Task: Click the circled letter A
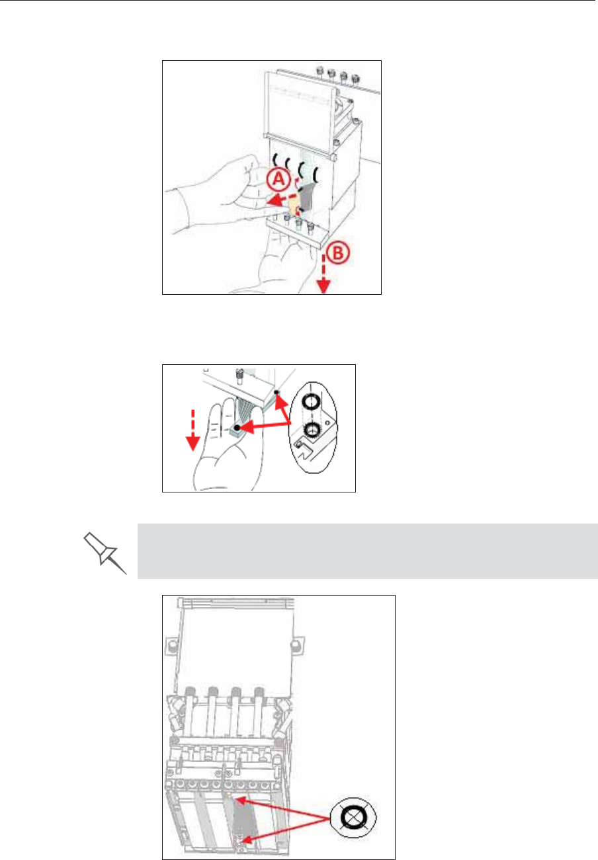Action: click(278, 180)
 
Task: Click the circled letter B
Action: click(338, 253)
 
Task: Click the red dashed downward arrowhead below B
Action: click(323, 286)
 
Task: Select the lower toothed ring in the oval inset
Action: click(312, 429)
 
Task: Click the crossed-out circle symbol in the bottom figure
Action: click(353, 818)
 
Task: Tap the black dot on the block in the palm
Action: click(237, 427)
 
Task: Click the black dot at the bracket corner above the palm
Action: click(277, 392)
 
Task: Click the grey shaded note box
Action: click(367, 551)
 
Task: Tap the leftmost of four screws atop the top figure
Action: click(319, 70)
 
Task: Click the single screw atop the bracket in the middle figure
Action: click(239, 376)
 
